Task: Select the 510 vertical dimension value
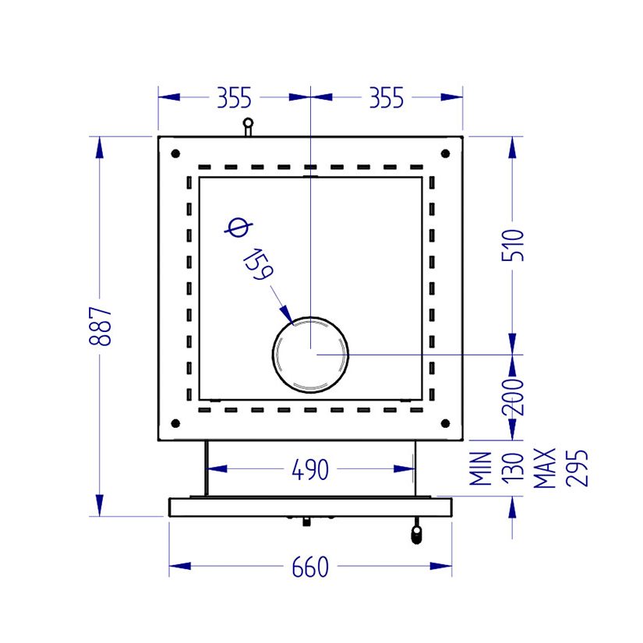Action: [x=514, y=245]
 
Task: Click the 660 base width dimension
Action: [x=310, y=567]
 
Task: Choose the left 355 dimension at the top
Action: [x=234, y=98]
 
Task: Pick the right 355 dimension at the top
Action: [x=386, y=98]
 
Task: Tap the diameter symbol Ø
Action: [x=237, y=228]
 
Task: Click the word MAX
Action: [x=545, y=468]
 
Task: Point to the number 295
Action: [x=576, y=468]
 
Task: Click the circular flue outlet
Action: [x=310, y=354]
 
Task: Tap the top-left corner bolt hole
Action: [x=175, y=153]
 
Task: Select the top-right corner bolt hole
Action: [x=445, y=153]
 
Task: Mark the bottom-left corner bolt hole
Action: [x=175, y=423]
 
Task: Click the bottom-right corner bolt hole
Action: [x=445, y=423]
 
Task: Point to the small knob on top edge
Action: [x=248, y=125]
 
